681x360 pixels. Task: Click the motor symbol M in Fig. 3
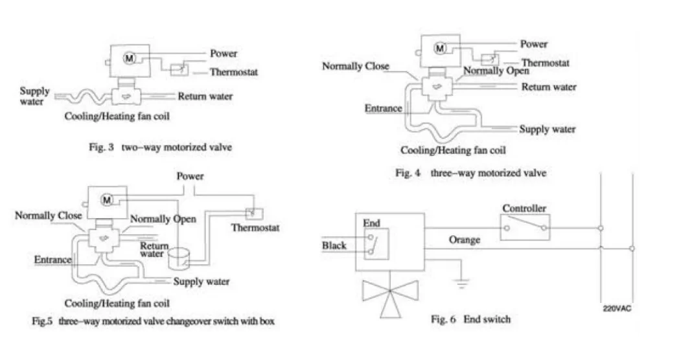click(129, 58)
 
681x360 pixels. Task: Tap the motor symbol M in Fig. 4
click(441, 48)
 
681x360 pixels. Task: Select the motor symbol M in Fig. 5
click(107, 200)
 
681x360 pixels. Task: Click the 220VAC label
click(617, 308)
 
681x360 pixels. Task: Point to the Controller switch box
click(525, 227)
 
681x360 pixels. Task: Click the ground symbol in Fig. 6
click(461, 284)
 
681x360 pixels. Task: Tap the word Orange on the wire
click(465, 240)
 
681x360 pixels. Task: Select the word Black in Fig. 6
click(334, 245)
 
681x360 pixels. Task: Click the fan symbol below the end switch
click(390, 296)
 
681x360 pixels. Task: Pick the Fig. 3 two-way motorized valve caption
click(160, 147)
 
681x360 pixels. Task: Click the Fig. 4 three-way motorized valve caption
click(471, 173)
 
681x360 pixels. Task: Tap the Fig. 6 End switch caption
click(471, 319)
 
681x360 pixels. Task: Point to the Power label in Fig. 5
click(190, 176)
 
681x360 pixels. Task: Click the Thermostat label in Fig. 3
click(234, 72)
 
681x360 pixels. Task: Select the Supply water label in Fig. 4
click(548, 129)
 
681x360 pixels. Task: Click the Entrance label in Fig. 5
click(53, 260)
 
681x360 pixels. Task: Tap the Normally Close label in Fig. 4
click(356, 66)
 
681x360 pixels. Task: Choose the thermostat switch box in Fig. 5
click(254, 214)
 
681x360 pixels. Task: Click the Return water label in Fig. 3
click(205, 96)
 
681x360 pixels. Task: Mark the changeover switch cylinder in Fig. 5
click(179, 258)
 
